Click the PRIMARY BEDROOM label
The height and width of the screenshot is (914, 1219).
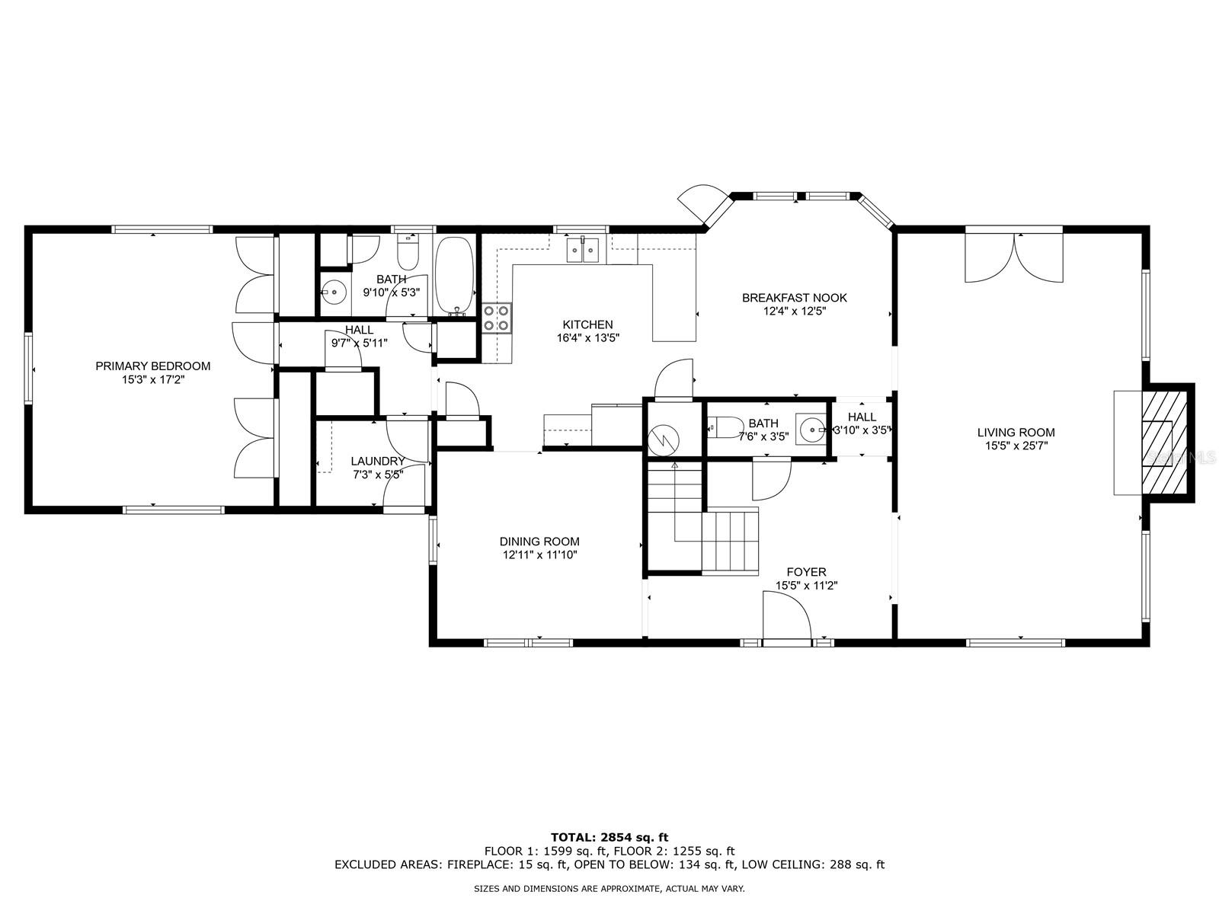click(x=152, y=366)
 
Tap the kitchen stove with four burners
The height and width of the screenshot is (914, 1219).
click(x=497, y=318)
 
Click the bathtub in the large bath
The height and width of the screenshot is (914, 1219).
click(x=455, y=276)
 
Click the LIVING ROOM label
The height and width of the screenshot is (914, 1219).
click(x=1016, y=433)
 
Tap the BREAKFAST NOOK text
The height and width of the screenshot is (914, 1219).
click(x=794, y=298)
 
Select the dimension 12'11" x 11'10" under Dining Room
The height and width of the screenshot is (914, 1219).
click(x=540, y=555)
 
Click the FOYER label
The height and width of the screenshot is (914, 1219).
click(x=806, y=571)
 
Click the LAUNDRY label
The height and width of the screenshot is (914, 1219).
click(x=378, y=461)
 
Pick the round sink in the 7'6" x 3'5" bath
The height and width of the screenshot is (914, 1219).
click(x=812, y=429)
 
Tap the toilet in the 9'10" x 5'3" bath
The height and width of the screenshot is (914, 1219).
click(x=408, y=253)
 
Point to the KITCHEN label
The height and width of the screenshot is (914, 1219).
click(x=587, y=324)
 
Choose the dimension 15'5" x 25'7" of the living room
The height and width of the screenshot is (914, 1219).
click(x=1016, y=446)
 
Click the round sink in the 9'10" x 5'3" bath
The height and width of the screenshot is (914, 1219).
click(x=334, y=291)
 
